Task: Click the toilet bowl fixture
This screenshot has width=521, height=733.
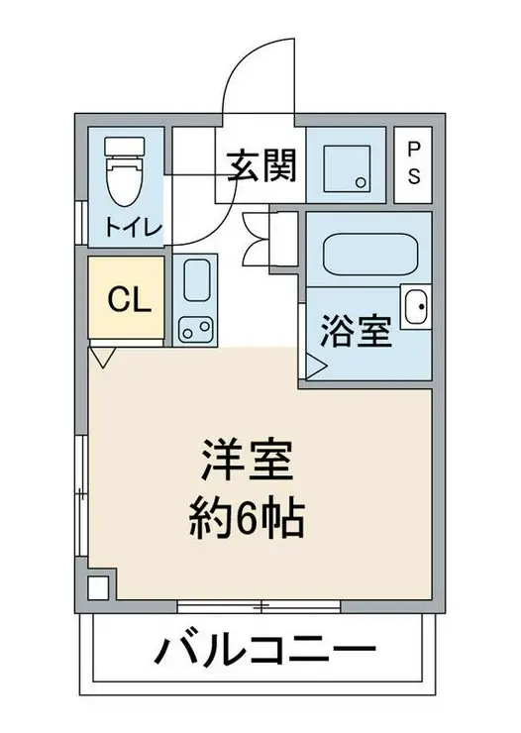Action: point(127,178)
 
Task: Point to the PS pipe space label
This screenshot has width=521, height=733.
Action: point(413,162)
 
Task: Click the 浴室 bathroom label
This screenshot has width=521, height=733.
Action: point(355,331)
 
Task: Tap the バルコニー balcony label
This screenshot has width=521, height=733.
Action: point(264,652)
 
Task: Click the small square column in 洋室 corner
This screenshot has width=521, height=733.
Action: point(98,585)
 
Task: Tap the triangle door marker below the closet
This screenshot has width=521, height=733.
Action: point(101,355)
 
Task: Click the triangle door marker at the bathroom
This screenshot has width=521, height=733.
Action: point(315,367)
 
